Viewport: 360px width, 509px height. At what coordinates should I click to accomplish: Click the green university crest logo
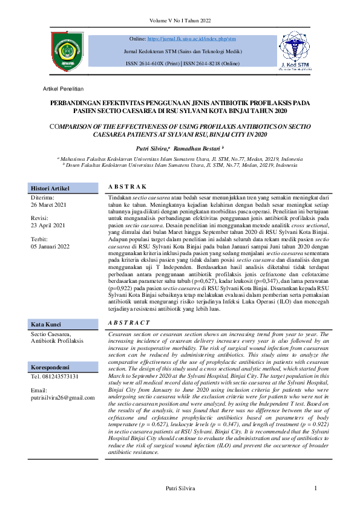click(64, 51)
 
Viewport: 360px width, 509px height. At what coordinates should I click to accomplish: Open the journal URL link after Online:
click(188, 39)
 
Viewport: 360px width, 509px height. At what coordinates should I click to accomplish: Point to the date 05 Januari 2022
click(51, 246)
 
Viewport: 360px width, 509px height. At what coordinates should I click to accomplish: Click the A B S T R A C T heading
click(128, 323)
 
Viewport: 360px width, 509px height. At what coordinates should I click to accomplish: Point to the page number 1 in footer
click(315, 488)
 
